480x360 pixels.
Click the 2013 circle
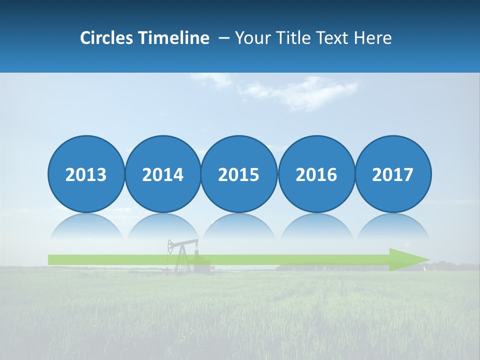click(86, 174)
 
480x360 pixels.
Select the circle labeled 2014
click(162, 174)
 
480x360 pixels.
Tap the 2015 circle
click(239, 174)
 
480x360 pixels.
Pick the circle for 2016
click(316, 174)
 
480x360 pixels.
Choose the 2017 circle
click(393, 174)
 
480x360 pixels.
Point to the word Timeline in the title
click(174, 38)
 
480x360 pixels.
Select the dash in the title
click(224, 38)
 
